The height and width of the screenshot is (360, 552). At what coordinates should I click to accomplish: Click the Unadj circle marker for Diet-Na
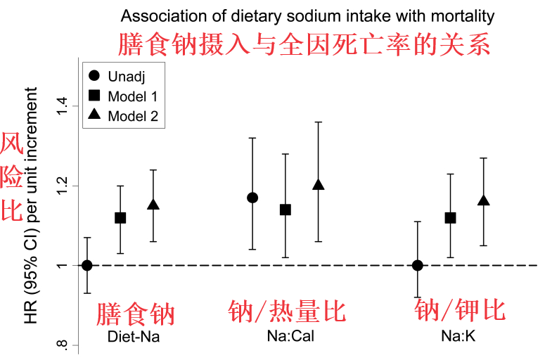click(87, 265)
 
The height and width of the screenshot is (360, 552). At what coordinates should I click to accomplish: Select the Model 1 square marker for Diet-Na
click(120, 218)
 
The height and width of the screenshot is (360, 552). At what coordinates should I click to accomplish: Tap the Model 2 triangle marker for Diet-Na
click(153, 205)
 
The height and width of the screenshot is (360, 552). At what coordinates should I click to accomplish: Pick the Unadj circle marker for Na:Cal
click(252, 198)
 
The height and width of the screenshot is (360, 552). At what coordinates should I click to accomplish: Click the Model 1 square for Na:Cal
click(285, 210)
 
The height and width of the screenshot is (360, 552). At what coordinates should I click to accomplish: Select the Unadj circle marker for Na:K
click(418, 265)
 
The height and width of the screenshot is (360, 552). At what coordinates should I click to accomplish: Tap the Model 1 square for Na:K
click(451, 218)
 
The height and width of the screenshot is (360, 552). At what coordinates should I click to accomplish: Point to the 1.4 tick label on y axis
click(65, 106)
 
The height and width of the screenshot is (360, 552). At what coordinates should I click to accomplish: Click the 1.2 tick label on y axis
click(65, 186)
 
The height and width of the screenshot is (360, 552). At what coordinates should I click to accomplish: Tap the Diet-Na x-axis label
click(134, 337)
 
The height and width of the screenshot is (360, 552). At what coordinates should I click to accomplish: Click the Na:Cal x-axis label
click(290, 337)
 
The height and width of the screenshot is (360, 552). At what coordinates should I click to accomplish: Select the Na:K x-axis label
click(458, 337)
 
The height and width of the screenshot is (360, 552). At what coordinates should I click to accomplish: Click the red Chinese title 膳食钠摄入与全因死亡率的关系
click(304, 45)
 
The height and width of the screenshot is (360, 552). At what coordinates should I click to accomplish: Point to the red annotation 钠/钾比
click(460, 310)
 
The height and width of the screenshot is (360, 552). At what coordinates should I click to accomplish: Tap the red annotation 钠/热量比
click(288, 311)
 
